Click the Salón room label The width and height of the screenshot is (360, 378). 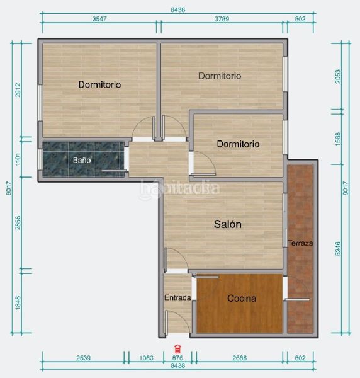click(228, 224)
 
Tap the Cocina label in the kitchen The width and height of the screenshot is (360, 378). click(242, 299)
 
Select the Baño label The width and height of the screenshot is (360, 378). click(82, 160)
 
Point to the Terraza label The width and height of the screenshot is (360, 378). click(300, 243)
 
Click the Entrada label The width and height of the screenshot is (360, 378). click(177, 298)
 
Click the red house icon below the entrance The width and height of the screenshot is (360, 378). click(177, 349)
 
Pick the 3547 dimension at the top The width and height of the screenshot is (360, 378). click(99, 19)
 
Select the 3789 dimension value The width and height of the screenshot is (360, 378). click(222, 19)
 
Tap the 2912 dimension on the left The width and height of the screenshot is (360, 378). click(18, 90)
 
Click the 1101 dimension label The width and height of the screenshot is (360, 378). click(18, 159)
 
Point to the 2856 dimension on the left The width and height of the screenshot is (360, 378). click(18, 223)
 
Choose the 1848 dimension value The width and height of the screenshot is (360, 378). click(18, 303)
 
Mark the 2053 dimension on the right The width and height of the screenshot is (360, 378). click(338, 76)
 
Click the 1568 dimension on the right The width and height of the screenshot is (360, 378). click(338, 139)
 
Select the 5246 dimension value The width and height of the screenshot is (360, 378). click(338, 249)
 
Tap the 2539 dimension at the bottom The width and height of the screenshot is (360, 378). click(83, 358)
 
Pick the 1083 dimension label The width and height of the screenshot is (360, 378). click(146, 358)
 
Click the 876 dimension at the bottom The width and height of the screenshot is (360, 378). click(177, 358)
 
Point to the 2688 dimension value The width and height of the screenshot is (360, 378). click(239, 358)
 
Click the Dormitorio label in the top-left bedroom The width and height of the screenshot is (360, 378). click(99, 84)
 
